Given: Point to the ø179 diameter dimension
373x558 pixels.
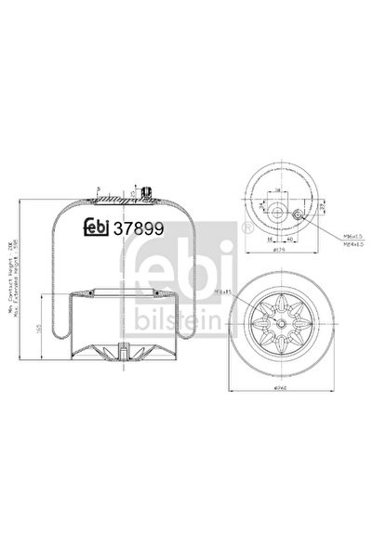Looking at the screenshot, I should [279, 250].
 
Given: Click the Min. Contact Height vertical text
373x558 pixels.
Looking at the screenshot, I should [8, 279].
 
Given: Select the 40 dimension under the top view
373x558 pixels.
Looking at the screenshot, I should [287, 239].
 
